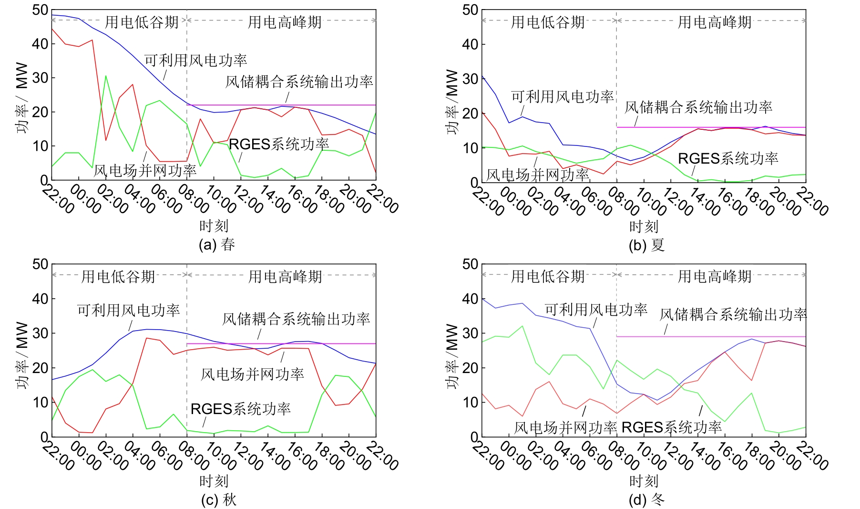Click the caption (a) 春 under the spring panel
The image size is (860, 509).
coord(217,245)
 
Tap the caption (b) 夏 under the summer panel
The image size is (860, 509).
coord(646,245)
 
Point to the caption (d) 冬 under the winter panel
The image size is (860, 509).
coord(646,499)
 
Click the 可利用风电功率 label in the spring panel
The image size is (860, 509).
coord(195,60)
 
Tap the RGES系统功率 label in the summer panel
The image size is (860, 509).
coord(727,158)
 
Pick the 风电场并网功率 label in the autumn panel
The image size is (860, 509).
coord(252,374)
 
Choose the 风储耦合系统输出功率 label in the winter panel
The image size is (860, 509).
coord(733,314)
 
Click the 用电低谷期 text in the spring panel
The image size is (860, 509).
coord(142,21)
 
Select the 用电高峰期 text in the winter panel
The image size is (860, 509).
coord(714,276)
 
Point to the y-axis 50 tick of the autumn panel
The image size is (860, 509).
coord(40,264)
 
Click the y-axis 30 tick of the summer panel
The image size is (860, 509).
coord(470,79)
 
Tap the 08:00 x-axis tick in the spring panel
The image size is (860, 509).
coord(193,198)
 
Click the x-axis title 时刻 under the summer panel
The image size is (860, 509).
coord(644,227)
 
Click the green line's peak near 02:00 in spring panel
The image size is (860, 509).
coord(106,76)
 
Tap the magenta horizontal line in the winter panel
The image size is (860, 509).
coord(710,336)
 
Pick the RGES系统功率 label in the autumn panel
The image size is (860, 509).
coord(240,409)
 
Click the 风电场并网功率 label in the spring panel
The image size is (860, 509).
coord(145,170)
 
